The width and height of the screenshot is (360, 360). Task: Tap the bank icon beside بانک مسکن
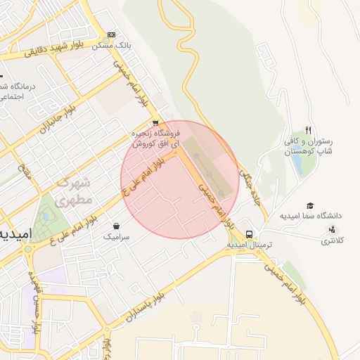point(111,34)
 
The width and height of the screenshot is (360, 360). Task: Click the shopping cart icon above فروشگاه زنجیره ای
point(155,122)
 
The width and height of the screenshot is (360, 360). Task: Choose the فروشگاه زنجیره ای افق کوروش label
point(157,138)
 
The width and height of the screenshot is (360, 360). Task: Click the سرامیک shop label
point(117,238)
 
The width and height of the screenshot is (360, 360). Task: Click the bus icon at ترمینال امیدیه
point(250,235)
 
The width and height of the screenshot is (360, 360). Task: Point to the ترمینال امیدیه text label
point(250,246)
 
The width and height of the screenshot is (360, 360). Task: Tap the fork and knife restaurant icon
point(308,130)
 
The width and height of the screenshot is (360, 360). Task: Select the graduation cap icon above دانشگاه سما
point(309,205)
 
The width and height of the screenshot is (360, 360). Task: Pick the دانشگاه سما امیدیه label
point(309,216)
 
